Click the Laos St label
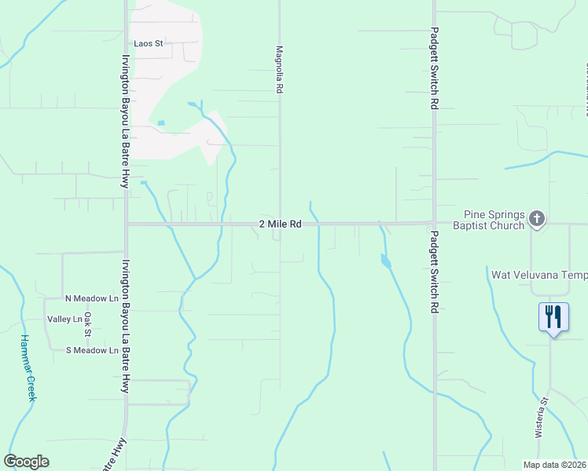click(x=148, y=44)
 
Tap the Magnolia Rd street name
click(x=279, y=69)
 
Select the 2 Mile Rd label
click(x=281, y=225)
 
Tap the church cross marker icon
click(x=537, y=219)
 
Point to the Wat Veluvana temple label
click(x=538, y=276)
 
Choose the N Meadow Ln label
click(x=91, y=299)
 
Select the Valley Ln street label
click(x=64, y=319)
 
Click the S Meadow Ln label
click(x=91, y=350)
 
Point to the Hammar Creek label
click(x=27, y=368)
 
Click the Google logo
click(x=27, y=462)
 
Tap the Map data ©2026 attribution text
click(x=554, y=465)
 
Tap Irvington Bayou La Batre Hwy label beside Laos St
click(x=125, y=121)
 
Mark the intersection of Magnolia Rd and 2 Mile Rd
click(x=281, y=224)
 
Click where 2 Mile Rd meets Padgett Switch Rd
click(x=435, y=223)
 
